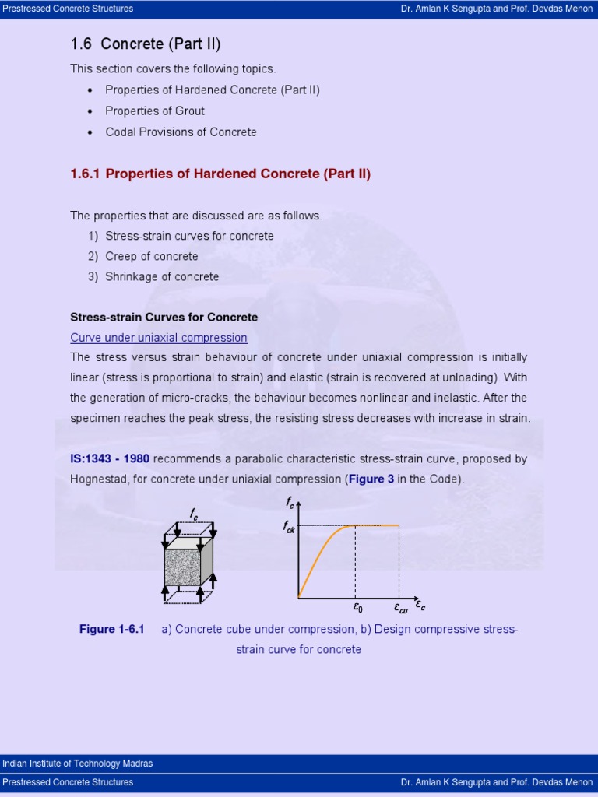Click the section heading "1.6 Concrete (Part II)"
click(140, 44)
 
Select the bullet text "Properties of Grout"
click(155, 111)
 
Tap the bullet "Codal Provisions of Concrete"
click(181, 132)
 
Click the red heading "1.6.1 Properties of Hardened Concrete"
click(220, 174)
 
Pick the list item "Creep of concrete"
click(151, 256)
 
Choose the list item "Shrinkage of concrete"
click(162, 276)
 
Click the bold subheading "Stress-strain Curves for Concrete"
click(164, 317)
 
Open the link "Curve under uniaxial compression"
click(159, 337)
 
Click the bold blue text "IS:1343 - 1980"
click(110, 458)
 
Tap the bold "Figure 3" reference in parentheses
click(371, 479)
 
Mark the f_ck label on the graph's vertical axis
click(288, 527)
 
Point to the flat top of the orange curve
click(378, 525)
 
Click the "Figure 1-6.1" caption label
click(112, 629)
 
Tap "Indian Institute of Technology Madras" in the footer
click(78, 764)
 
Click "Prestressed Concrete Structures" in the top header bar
click(68, 9)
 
